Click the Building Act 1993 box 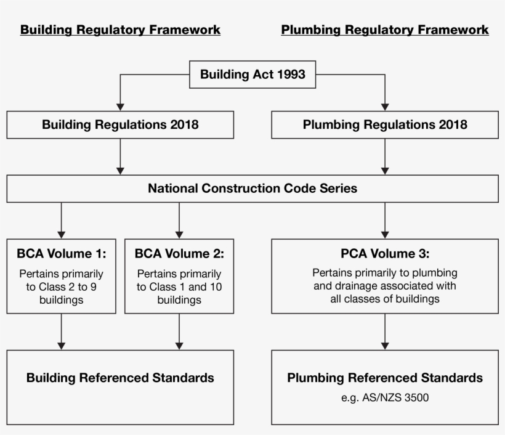pyautogui.click(x=252, y=75)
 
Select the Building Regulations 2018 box pyautogui.click(x=120, y=125)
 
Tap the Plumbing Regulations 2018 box pyautogui.click(x=385, y=125)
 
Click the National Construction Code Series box pyautogui.click(x=252, y=189)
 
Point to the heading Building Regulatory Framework pyautogui.click(x=120, y=30)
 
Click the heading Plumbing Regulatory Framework pyautogui.click(x=385, y=30)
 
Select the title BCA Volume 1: pyautogui.click(x=61, y=253)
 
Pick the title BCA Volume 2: pyautogui.click(x=179, y=253)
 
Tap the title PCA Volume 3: pyautogui.click(x=385, y=253)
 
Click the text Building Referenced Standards pyautogui.click(x=120, y=378)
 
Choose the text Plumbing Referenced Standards pyautogui.click(x=385, y=378)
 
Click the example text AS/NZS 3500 pyautogui.click(x=385, y=398)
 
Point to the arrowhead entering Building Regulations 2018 pyautogui.click(x=120, y=106)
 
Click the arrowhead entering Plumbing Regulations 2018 pyautogui.click(x=385, y=106)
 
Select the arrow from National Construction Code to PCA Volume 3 pyautogui.click(x=385, y=220)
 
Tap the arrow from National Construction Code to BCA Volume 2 pyautogui.click(x=179, y=220)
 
